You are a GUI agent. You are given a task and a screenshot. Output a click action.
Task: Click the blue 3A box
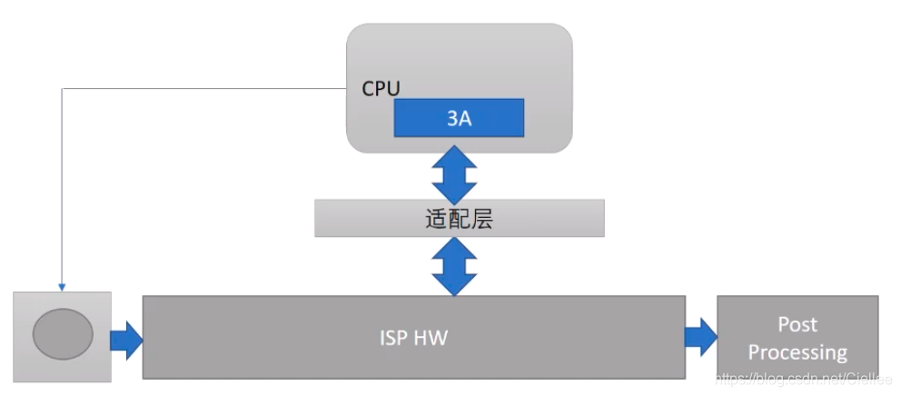(x=459, y=118)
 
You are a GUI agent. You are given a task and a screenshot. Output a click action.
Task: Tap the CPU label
(x=381, y=88)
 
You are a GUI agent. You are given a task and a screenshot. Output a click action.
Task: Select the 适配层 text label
(x=459, y=219)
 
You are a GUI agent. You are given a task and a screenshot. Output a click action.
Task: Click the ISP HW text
(x=414, y=338)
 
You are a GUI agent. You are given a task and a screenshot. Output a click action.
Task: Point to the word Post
(x=797, y=324)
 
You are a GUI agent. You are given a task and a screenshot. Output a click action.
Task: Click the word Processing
(x=797, y=351)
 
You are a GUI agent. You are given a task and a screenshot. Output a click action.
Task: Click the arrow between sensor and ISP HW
(x=126, y=340)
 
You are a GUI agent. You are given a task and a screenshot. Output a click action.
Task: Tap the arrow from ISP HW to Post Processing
(x=700, y=337)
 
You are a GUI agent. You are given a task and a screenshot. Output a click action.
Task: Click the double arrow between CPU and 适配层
(x=454, y=176)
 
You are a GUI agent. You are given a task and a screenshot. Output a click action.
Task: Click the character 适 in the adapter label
(x=436, y=219)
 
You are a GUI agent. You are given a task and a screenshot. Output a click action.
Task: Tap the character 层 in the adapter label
(x=481, y=219)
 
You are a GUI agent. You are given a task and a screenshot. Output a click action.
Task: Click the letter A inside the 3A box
(x=465, y=118)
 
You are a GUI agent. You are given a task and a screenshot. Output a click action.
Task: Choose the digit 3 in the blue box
(x=452, y=118)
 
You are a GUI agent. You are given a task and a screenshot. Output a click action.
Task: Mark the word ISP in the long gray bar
(x=394, y=338)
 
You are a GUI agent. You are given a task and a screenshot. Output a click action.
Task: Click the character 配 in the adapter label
(x=459, y=219)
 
